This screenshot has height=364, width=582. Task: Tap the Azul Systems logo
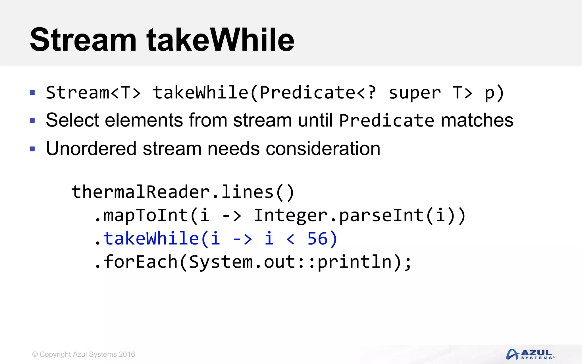[530, 354]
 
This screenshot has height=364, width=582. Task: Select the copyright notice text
[84, 354]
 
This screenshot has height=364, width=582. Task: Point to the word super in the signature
[414, 93]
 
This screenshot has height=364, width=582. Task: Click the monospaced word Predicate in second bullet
[386, 121]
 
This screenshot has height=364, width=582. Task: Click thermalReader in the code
[140, 192]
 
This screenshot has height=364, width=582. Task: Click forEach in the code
[140, 262]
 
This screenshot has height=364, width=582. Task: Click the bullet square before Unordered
[32, 149]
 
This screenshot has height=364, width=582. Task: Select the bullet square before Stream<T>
[32, 93]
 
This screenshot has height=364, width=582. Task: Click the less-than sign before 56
[290, 239]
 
